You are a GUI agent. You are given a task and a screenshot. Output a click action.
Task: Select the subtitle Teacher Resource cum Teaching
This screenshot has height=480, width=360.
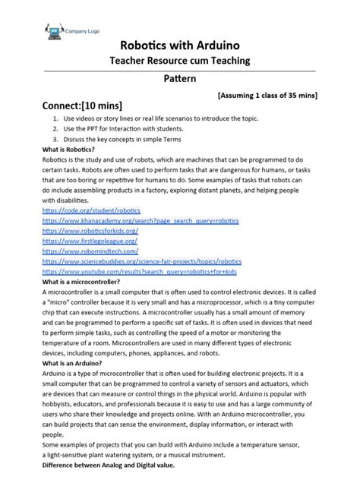[x=180, y=61]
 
